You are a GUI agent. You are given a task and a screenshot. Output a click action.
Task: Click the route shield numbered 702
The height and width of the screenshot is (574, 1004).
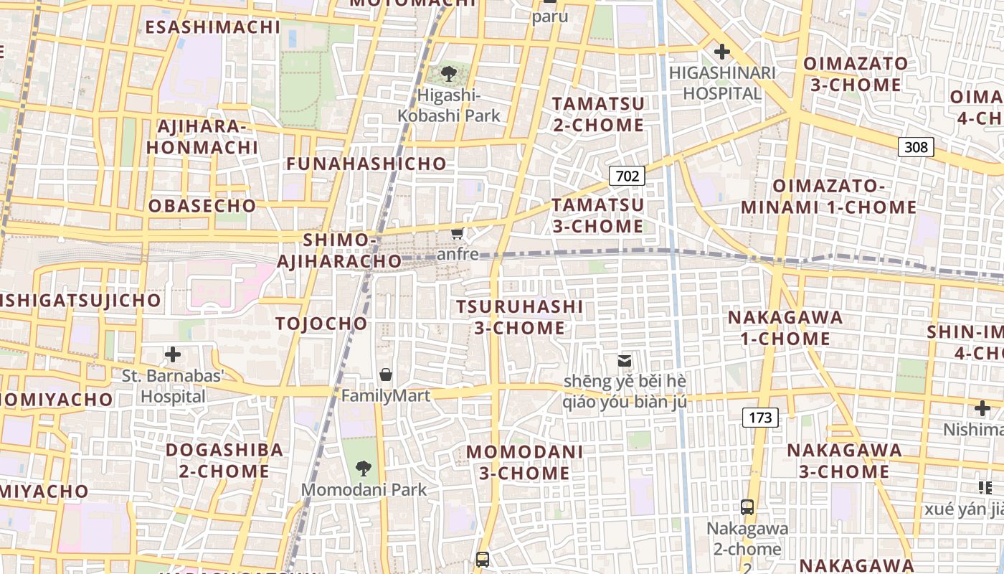pos(627,176)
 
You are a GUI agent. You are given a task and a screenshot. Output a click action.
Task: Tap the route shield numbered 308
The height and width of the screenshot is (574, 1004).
pos(916,147)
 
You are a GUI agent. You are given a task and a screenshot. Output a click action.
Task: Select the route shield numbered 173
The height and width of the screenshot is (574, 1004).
pos(760,417)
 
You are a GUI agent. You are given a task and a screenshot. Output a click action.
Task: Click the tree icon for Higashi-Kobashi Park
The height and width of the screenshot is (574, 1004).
pos(449,73)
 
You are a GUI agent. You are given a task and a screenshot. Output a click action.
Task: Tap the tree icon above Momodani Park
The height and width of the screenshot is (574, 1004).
pos(364,469)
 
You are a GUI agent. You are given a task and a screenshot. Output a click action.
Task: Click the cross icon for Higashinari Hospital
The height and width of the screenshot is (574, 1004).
pos(721,52)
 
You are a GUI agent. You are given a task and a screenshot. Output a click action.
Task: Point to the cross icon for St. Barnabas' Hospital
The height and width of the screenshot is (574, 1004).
pos(173,354)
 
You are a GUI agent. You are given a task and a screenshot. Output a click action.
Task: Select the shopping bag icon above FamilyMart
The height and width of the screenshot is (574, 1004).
pos(386,375)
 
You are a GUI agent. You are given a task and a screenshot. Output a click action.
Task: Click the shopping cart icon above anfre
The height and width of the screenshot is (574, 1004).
pos(457,233)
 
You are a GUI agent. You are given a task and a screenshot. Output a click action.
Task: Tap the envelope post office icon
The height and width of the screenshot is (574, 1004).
pos(625,360)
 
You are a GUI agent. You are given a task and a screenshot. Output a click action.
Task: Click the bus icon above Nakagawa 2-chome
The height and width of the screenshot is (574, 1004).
pos(747,507)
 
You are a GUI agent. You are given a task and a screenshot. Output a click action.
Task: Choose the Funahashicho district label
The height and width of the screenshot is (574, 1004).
pos(366,164)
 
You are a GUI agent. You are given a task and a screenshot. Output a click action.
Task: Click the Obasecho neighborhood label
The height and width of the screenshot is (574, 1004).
pos(202,206)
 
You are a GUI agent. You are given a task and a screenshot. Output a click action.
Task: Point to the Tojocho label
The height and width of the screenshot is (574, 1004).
pos(321,324)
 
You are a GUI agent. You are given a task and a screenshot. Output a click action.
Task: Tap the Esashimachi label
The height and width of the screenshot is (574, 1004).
pos(213,27)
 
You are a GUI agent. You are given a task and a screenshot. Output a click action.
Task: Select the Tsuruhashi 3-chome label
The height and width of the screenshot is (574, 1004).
pos(520,317)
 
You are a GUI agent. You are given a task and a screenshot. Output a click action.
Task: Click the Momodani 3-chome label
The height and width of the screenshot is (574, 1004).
pos(524,463)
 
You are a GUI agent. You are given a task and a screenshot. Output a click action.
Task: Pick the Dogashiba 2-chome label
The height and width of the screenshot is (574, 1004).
pos(224,461)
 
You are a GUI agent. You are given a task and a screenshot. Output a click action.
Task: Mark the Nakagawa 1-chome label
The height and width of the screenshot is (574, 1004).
pos(785,328)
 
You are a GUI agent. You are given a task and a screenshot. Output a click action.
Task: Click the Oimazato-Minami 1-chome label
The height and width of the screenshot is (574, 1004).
pos(828,197)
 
